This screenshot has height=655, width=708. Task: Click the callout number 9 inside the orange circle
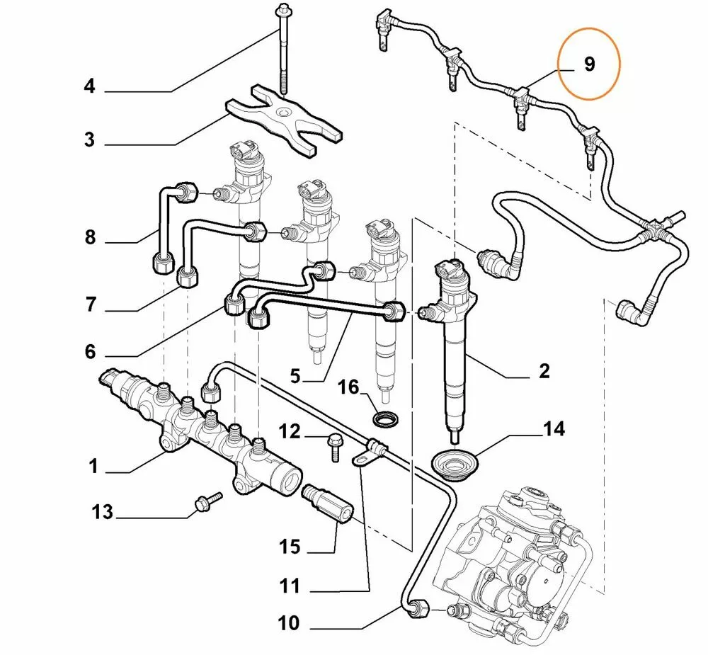[x=589, y=64]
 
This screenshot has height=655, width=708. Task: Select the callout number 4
[x=89, y=87]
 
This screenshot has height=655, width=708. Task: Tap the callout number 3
[x=89, y=139]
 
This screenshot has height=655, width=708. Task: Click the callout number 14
[x=554, y=429]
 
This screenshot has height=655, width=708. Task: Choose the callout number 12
[x=289, y=431]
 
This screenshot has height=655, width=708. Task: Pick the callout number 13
[x=103, y=511]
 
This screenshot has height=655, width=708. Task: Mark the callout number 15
[x=289, y=547]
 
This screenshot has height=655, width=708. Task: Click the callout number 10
[x=289, y=623]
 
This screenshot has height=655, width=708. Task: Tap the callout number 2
[x=544, y=370]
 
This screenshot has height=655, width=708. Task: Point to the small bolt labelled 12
[x=333, y=445]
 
